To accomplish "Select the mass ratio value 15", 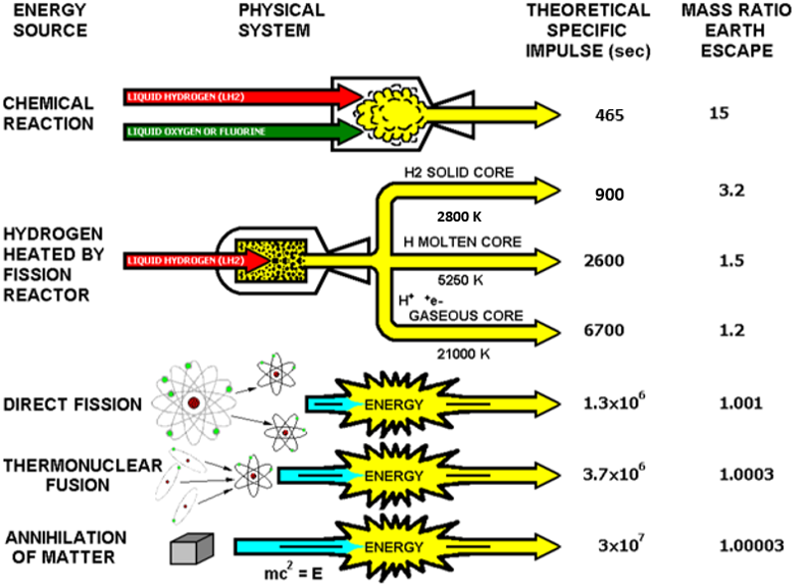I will click(719, 113).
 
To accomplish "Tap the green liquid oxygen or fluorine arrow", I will click(238, 129).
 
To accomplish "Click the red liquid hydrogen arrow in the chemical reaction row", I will click(238, 96).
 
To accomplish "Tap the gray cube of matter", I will click(190, 547).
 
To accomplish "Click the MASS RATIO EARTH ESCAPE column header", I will click(731, 30).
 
